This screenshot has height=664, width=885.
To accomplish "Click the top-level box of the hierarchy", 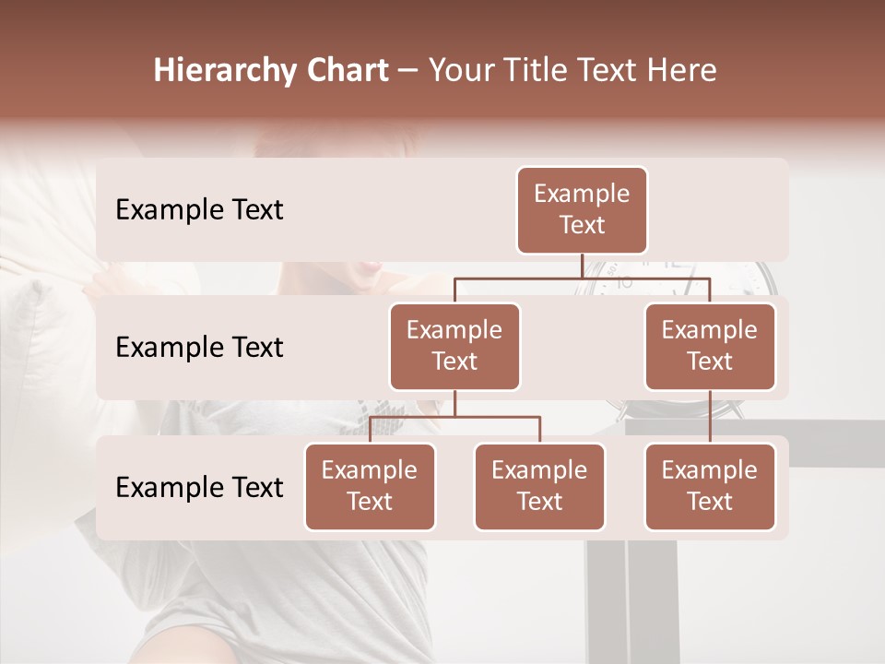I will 582,210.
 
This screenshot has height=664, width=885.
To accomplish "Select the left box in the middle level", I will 454,347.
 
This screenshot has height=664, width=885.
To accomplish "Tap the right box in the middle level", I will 710,347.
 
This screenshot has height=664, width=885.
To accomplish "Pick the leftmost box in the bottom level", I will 370,487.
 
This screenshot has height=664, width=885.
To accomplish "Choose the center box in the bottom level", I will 539,487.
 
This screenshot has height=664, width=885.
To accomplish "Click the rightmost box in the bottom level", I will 710,487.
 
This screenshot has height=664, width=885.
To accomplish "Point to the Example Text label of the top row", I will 199,210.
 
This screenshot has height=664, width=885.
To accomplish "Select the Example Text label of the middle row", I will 199,348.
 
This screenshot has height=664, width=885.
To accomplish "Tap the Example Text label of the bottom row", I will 199,488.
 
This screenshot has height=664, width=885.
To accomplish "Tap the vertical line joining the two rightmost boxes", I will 710,417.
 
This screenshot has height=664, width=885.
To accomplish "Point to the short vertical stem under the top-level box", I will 582,266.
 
